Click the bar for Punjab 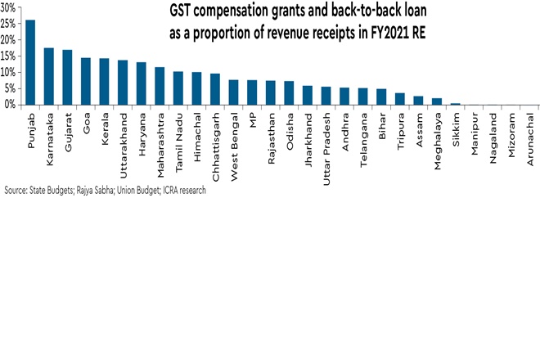tap(31, 62)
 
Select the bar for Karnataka tap(49, 76)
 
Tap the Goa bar tap(86, 81)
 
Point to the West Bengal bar tap(233, 92)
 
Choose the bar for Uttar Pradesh tap(326, 95)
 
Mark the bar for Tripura tap(400, 98)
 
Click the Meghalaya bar tap(437, 101)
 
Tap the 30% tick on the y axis tap(10, 7)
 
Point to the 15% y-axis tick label tap(10, 56)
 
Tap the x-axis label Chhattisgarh tap(216, 140)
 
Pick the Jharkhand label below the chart tap(308, 134)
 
